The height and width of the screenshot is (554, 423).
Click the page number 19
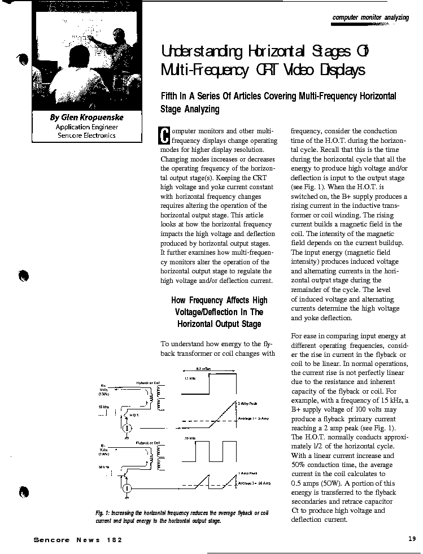(412, 539)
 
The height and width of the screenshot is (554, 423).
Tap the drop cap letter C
(164, 136)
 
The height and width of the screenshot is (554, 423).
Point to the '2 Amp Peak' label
(248, 403)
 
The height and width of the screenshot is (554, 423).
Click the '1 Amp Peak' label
(248, 473)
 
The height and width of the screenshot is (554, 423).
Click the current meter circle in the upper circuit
(127, 428)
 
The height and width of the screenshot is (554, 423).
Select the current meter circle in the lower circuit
(128, 487)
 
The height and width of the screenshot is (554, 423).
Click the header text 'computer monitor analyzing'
(370, 18)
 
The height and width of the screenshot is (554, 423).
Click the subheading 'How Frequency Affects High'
(219, 300)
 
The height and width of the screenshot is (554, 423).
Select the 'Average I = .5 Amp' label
(254, 418)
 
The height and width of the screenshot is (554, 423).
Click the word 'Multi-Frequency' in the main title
(208, 71)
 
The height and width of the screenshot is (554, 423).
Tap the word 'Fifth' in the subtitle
(172, 96)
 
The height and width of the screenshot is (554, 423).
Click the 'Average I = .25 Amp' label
(255, 484)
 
